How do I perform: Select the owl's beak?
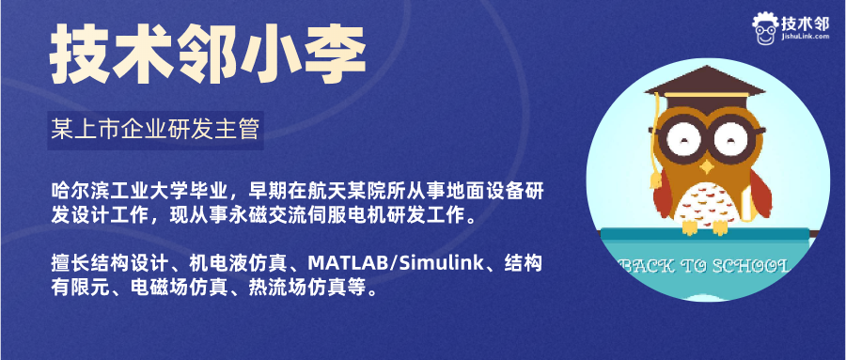click(x=706, y=166)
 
